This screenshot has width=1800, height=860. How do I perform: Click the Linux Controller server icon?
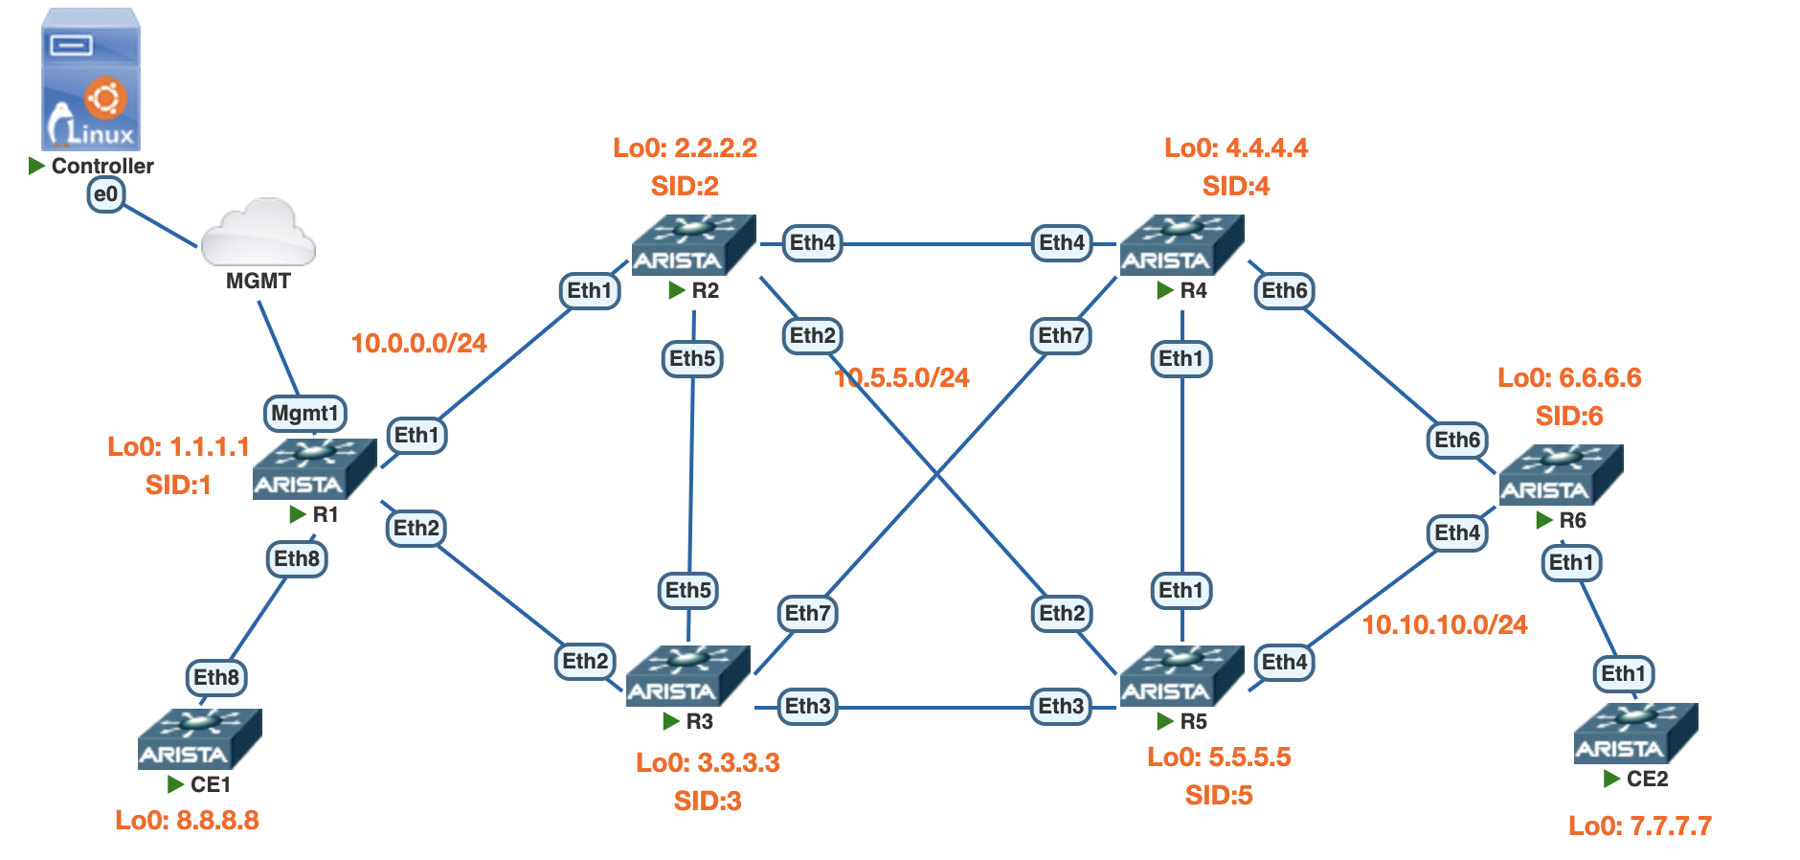91,80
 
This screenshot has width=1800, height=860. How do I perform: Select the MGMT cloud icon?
258,233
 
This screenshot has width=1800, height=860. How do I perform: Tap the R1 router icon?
314,469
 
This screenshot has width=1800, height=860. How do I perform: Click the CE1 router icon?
199,738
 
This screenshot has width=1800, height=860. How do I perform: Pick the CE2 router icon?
1635,734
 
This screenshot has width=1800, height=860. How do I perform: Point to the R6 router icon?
1561,475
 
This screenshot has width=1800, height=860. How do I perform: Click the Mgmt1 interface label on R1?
304,414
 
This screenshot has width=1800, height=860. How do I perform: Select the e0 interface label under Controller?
105,195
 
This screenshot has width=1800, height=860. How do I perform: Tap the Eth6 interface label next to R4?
1284,291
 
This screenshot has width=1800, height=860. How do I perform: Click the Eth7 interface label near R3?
808,613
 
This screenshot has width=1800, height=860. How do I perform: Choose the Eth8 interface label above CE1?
216,678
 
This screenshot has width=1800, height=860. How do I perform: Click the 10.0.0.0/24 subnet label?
418,343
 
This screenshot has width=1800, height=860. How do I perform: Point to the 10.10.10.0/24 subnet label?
1444,625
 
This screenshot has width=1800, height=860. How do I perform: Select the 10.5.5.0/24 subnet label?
902,378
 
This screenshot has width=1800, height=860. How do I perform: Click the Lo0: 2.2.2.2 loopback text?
685,148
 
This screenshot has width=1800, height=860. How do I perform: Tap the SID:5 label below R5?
1218,796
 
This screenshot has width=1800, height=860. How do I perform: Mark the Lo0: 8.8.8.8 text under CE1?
187,821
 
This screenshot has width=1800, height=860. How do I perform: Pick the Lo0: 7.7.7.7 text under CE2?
1639,826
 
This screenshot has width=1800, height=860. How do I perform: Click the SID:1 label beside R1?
178,486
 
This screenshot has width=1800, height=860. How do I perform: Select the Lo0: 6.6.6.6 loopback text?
1569,378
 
